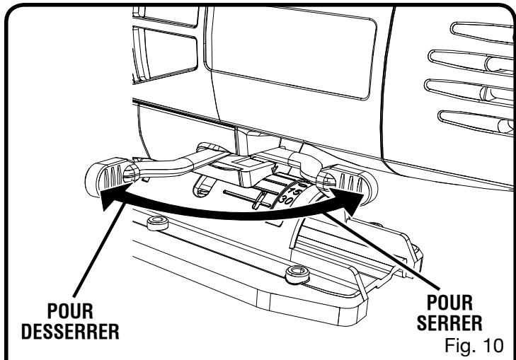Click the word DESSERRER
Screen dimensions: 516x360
(x=70, y=332)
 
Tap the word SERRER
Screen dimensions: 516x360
(x=449, y=323)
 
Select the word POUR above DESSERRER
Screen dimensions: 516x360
(x=70, y=310)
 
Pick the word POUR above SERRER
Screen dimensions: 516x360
(x=449, y=303)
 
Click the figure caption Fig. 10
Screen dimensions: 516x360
(x=474, y=345)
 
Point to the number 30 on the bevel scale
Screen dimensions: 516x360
(x=286, y=201)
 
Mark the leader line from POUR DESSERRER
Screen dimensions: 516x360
(x=99, y=250)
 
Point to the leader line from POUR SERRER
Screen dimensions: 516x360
(x=382, y=251)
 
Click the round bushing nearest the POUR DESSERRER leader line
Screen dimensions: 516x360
(x=158, y=223)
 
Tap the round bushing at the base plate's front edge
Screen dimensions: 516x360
(x=297, y=274)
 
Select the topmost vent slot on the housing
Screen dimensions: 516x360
(x=482, y=33)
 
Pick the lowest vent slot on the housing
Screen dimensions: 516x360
(x=476, y=122)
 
